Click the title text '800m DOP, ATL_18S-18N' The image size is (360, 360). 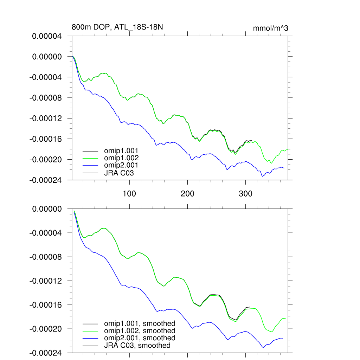[x=117, y=27]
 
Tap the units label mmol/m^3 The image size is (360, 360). [x=270, y=28]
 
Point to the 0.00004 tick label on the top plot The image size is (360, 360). [x=47, y=36]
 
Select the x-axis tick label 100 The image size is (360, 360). [x=129, y=194]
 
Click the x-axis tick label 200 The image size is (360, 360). [x=187, y=194]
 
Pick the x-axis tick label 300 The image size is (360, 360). [x=245, y=194]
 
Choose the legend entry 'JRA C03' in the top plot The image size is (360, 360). [x=119, y=173]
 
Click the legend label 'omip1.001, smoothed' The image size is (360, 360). [x=139, y=323]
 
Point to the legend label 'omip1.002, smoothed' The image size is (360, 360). [x=139, y=331]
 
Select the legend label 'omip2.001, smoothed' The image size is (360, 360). [x=139, y=338]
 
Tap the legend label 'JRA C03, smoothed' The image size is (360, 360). [x=137, y=345]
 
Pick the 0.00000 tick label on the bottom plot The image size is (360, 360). [x=47, y=209]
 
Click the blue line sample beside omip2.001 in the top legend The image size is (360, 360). [x=90, y=165]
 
